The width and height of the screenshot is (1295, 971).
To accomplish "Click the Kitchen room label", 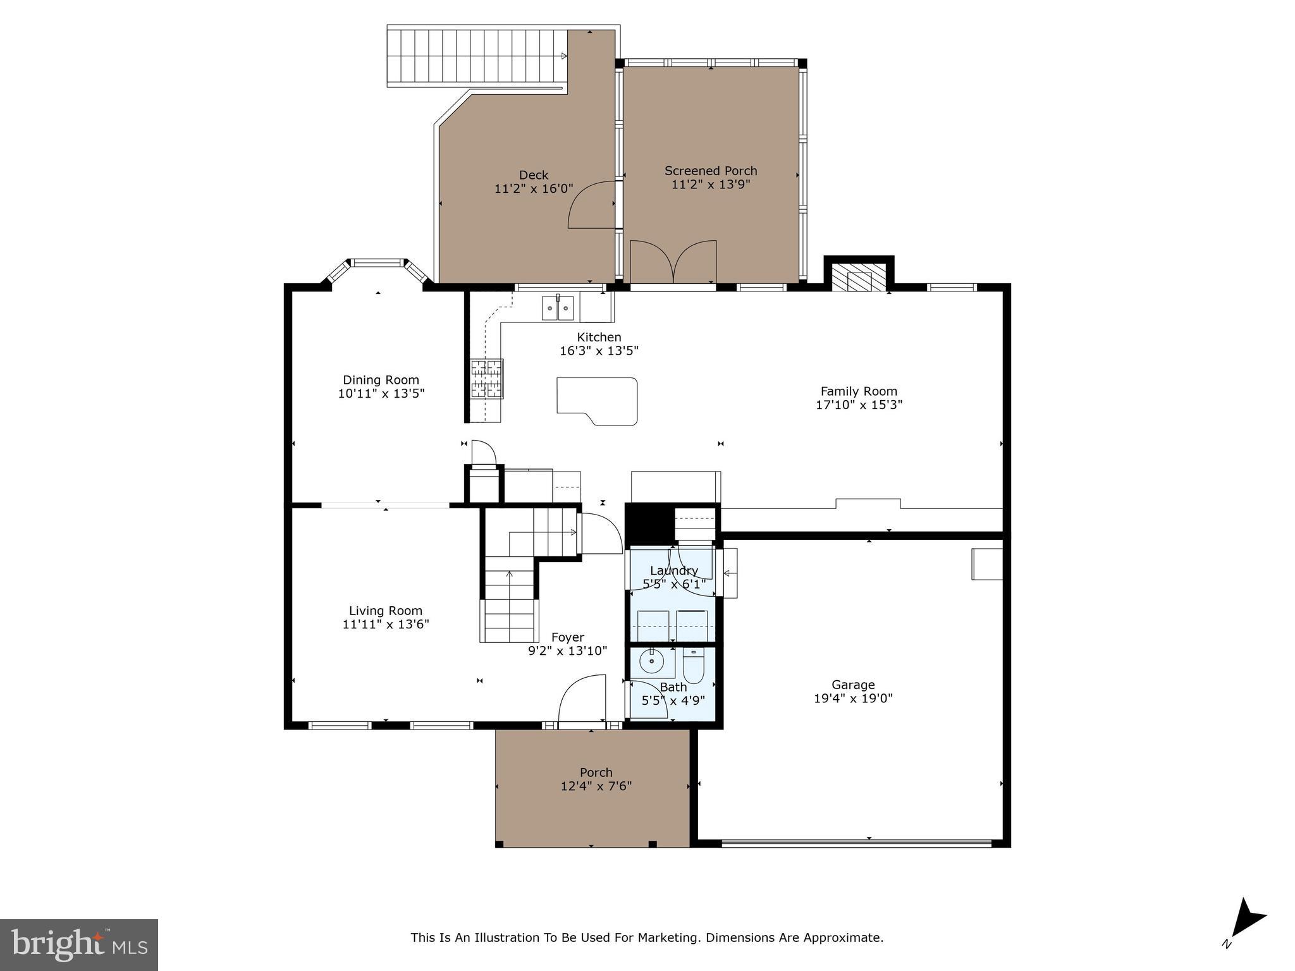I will click(599, 337).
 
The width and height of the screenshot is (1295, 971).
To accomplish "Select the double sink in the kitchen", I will click(558, 308).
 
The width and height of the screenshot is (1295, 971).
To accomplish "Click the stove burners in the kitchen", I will click(486, 379).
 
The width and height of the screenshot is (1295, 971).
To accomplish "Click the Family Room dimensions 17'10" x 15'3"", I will click(859, 405).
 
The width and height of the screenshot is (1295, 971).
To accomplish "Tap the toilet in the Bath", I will click(693, 668).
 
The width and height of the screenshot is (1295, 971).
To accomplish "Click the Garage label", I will click(853, 685).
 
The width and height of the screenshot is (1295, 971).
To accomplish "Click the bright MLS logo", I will click(79, 945).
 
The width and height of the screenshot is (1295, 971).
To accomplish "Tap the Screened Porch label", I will click(711, 171).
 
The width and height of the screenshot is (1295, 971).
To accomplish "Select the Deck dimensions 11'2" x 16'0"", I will click(534, 188).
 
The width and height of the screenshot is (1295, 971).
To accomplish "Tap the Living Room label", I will click(386, 611).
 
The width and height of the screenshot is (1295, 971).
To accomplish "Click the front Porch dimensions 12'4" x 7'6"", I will click(596, 786).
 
